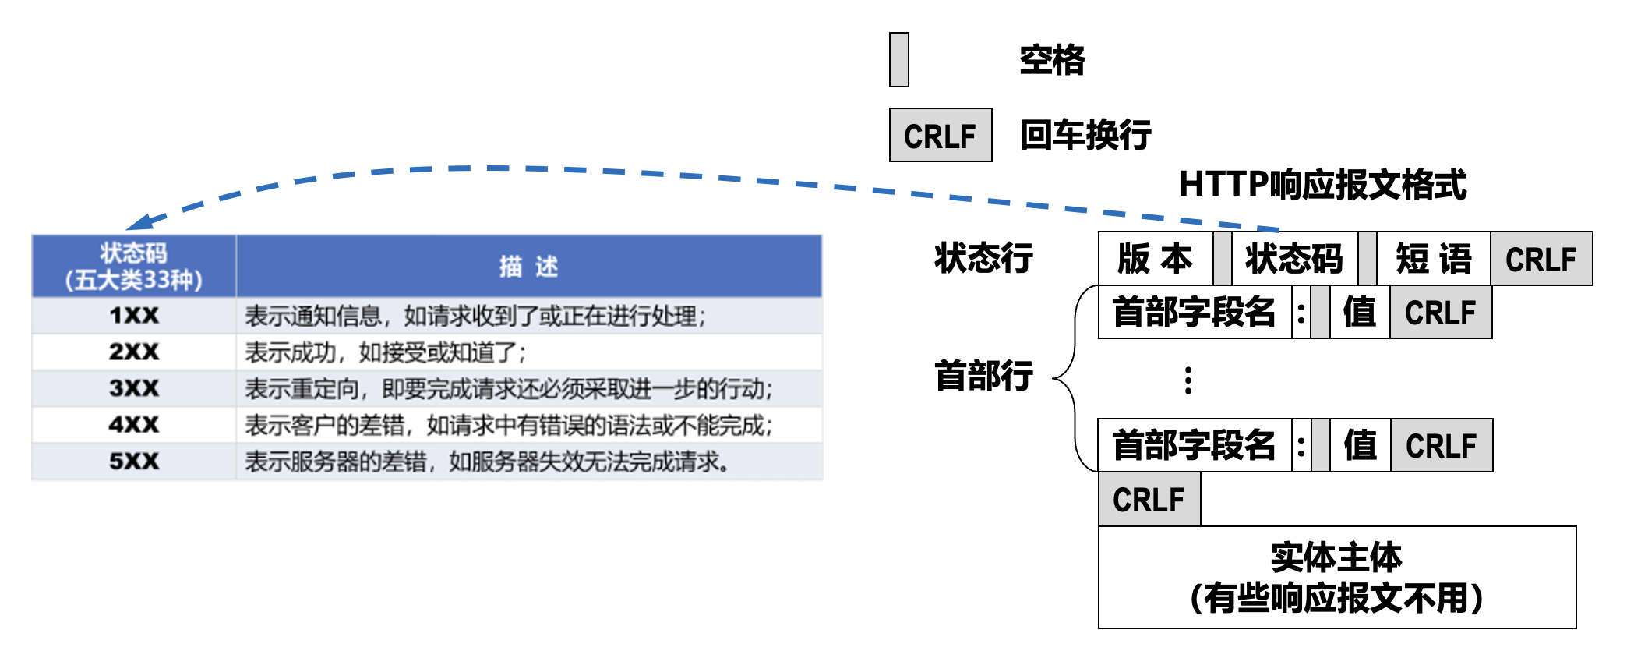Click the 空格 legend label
1052,60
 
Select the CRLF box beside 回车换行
941,136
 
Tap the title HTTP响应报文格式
1322,185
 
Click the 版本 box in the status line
1155,259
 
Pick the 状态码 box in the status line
1294,259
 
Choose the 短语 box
1434,259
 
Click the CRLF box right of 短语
1541,259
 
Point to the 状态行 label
983,258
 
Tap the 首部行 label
983,376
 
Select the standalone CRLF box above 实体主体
1149,500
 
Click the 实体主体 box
1337,578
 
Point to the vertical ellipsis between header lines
1188,380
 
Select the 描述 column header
528,267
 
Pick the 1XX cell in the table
134,316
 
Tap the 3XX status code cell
134,388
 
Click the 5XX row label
134,462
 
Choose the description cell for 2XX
386,352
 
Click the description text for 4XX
508,426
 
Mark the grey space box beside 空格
899,60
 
